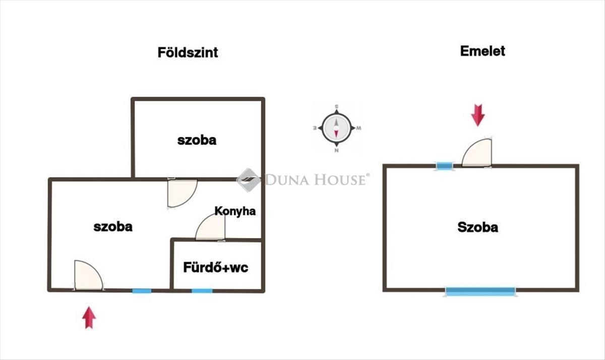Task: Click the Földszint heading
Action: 188,53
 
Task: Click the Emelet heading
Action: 482,51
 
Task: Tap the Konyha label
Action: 235,211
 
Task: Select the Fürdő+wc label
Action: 216,267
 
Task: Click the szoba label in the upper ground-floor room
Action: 197,140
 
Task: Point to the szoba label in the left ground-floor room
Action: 113,227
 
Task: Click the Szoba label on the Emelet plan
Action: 477,227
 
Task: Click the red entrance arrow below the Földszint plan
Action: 89,317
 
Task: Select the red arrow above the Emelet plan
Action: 477,115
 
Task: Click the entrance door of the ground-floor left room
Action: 88,276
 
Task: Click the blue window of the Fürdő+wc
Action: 202,290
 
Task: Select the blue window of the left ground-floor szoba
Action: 142,290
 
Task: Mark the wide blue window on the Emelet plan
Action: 480,290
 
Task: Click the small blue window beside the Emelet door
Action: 444,166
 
